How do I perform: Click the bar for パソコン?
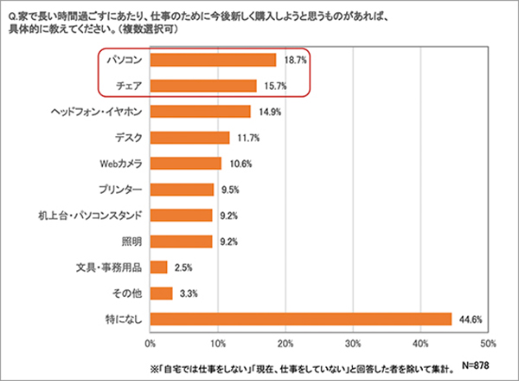coord(213,60)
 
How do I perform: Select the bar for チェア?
coord(203,86)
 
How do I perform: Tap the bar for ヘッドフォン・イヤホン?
coord(200,112)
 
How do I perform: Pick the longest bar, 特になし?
coord(301,319)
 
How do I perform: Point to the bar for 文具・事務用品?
coord(159,267)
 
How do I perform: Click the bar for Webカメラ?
coord(186,164)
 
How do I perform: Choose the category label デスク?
coord(128,138)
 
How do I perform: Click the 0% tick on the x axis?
coord(151,342)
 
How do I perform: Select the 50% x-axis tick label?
coord(486,342)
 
